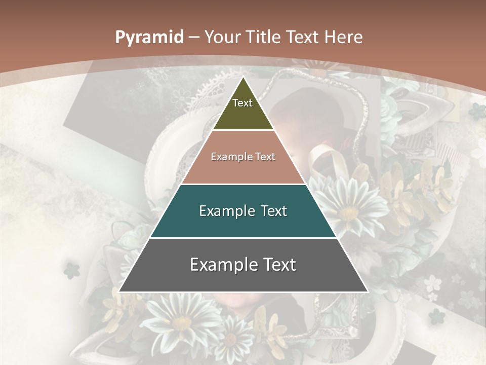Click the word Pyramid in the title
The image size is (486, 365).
coord(149,38)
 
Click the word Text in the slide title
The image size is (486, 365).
coord(304,37)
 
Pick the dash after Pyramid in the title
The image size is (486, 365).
coord(194,38)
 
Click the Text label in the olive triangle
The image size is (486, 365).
coord(242,103)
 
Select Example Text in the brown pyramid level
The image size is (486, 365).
coord(243,157)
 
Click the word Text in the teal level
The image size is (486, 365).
coord(274,211)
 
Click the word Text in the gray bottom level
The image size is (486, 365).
coord(278,265)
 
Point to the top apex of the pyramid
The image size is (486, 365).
coord(243,77)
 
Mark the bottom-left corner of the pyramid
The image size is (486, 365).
coord(119,291)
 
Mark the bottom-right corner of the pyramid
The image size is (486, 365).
coord(368,291)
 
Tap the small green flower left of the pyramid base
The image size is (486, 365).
coord(72,270)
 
